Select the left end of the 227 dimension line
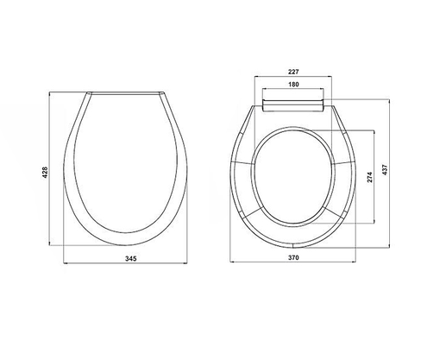click(255, 79)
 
